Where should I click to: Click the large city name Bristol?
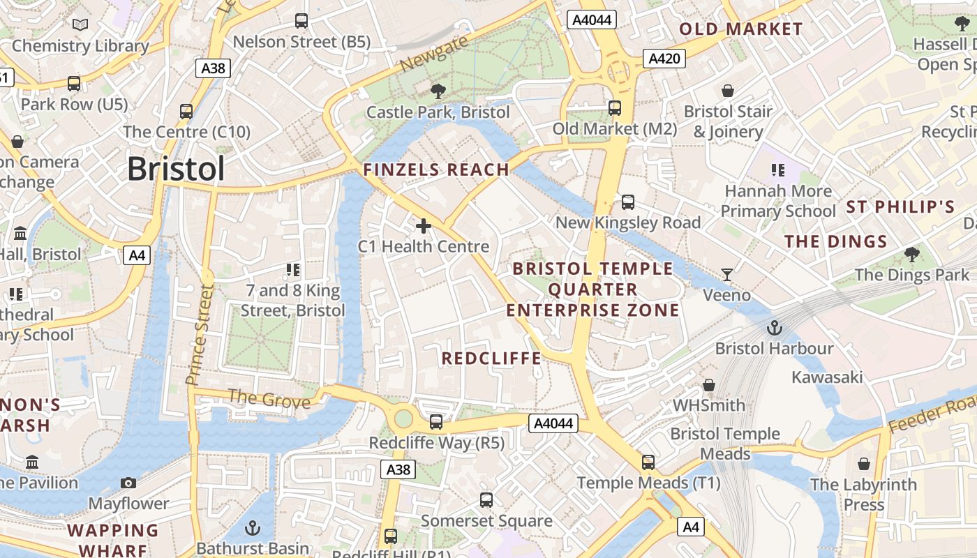[x=176, y=169]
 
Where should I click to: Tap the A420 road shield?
[x=664, y=59]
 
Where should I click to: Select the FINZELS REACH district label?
[x=436, y=169]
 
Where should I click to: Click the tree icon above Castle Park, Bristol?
[x=438, y=91]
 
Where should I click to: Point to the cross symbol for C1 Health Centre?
[x=424, y=226]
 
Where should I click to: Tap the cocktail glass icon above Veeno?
[x=727, y=274]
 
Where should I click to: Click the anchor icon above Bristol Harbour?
[x=774, y=328]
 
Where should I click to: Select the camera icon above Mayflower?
[x=128, y=483]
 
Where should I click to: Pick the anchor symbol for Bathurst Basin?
[x=253, y=527]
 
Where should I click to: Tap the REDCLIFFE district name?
[x=491, y=359]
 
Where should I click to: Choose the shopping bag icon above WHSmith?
[x=709, y=385]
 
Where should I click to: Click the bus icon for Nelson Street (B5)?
[x=301, y=21]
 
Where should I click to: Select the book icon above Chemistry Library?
[x=81, y=25]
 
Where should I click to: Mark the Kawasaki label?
[x=827, y=377]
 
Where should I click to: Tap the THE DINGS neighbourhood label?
[x=835, y=242]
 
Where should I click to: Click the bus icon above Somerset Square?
[x=486, y=500]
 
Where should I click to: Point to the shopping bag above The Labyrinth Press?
[x=864, y=464]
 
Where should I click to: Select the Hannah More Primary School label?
[x=778, y=201]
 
